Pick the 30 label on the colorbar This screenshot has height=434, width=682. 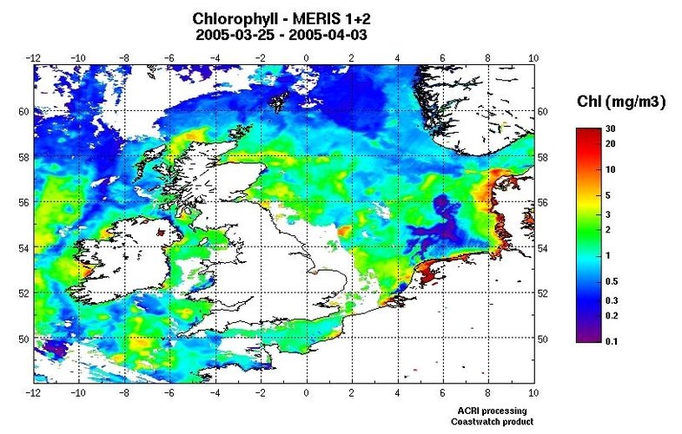click(x=611, y=129)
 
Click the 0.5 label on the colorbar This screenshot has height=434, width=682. click(x=611, y=282)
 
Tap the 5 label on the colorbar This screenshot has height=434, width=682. click(x=608, y=195)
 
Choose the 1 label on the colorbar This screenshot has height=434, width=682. click(x=608, y=256)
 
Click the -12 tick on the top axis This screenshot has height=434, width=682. click(x=34, y=57)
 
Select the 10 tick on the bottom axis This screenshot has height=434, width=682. click(x=533, y=392)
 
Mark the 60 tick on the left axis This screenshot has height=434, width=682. click(x=23, y=112)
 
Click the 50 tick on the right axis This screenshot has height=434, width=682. click(x=544, y=339)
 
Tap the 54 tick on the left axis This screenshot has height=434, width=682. click(x=23, y=248)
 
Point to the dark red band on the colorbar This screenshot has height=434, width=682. click(x=584, y=133)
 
